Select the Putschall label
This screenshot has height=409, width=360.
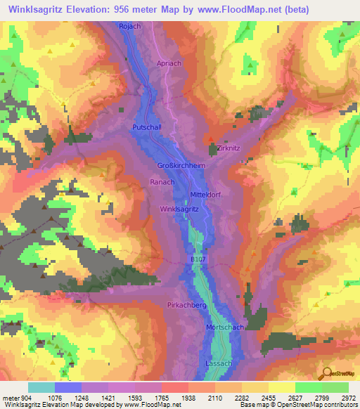coord(146,127)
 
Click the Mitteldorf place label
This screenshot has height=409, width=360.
coord(207,195)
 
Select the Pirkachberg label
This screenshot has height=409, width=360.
coord(186,306)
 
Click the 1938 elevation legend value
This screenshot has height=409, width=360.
coord(188,397)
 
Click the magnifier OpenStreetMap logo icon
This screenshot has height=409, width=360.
coord(327,372)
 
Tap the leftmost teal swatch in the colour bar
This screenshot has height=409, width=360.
coord(41,387)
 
